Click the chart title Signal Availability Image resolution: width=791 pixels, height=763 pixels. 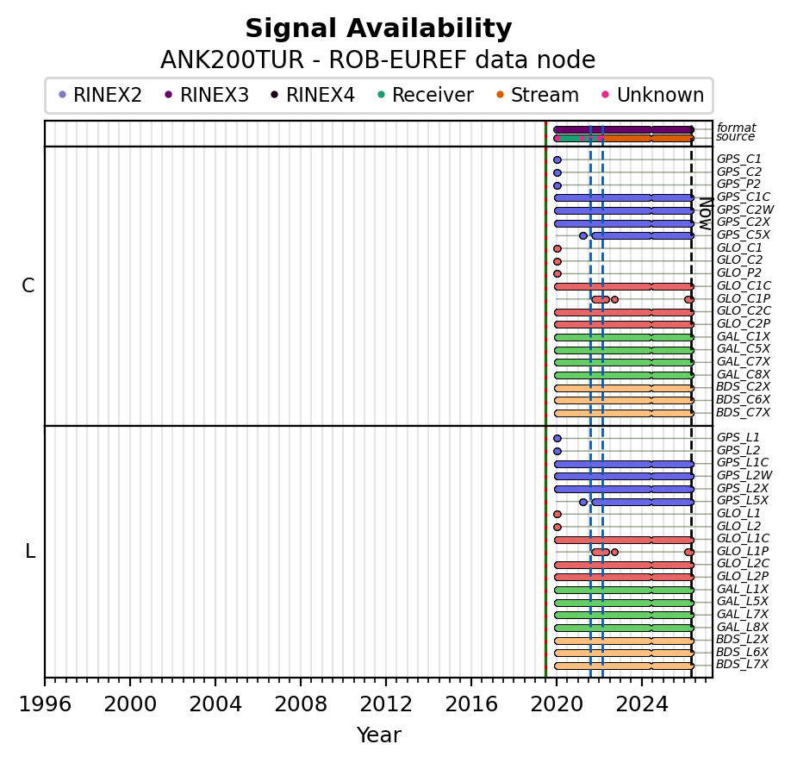click(x=378, y=29)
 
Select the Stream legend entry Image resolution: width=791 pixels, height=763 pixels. click(x=545, y=96)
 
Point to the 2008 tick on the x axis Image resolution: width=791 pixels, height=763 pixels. click(x=301, y=679)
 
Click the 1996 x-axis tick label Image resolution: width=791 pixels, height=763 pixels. click(x=45, y=704)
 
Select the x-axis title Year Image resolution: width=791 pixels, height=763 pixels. click(x=378, y=735)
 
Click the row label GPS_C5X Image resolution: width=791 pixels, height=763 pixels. click(x=743, y=235)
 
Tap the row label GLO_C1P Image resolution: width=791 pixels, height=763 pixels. click(x=743, y=298)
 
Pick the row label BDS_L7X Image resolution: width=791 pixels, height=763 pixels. click(x=742, y=664)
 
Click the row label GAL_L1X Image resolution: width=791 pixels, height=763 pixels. click(x=742, y=589)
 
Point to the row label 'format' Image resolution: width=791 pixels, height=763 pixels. click(x=736, y=128)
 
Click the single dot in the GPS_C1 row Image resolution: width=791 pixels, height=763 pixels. click(x=557, y=159)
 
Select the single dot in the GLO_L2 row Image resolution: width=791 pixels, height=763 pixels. click(x=557, y=527)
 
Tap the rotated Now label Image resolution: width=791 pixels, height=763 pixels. click(x=705, y=213)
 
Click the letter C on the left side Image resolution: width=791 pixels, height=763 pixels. click(x=28, y=286)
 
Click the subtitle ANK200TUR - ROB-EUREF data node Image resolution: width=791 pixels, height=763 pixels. click(x=378, y=60)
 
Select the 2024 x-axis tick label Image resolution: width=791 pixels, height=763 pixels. click(x=642, y=704)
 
